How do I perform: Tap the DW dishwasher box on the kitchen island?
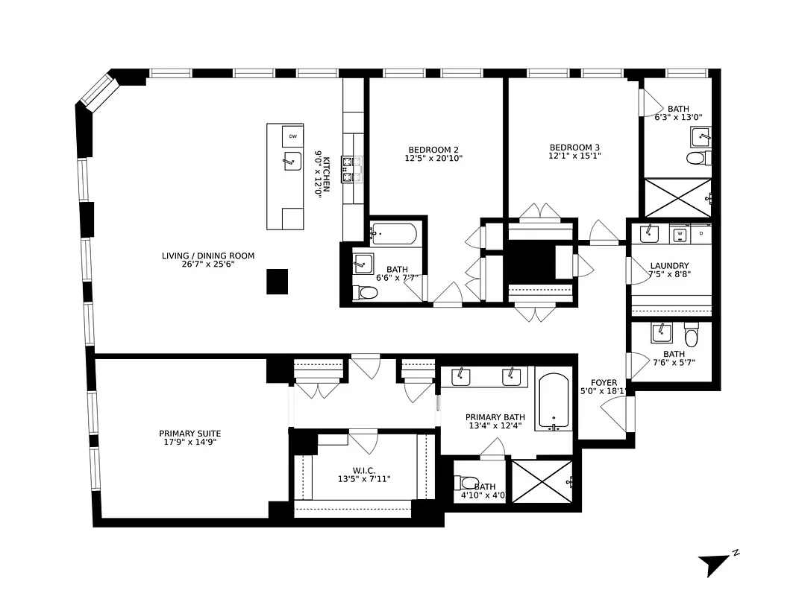[x=292, y=136]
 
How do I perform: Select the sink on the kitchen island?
[x=291, y=160]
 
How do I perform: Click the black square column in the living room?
[x=277, y=281]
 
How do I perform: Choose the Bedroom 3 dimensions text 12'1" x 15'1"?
[x=574, y=156]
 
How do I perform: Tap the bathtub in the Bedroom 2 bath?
[x=393, y=234]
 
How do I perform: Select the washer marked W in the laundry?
[x=680, y=234]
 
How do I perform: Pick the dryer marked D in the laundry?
[x=701, y=234]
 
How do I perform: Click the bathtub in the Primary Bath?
[x=554, y=402]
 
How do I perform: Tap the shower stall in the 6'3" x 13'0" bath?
[x=677, y=197]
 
